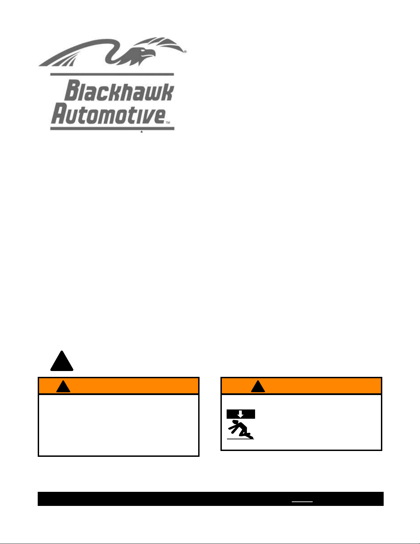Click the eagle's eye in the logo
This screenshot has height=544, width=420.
pos(143,50)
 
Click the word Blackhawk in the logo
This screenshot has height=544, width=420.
pos(119,90)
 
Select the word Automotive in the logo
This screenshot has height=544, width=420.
pos(108,113)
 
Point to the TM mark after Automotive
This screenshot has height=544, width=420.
pos(168,123)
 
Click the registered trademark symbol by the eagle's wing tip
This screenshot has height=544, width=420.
pos(185,52)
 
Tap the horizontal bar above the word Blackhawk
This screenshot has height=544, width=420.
pos(112,74)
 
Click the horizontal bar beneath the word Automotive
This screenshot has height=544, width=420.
pos(112,128)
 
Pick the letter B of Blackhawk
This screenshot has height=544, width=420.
pos(72,90)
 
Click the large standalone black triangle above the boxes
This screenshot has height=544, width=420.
pos(62,361)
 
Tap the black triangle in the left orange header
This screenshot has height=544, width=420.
pos(63,386)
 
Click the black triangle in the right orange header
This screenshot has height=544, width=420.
pos(258,386)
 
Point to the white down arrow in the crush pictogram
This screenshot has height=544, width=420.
pos(240,414)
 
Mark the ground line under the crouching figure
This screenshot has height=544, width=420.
pos(240,439)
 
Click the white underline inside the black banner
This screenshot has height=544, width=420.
pos(302,502)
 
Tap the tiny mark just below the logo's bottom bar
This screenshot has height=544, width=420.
pos(142,132)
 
